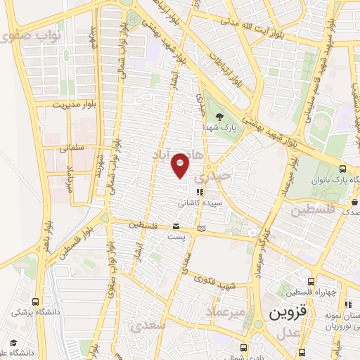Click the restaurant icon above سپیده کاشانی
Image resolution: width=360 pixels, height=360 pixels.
(x=200, y=191)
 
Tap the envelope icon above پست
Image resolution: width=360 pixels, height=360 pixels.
(x=176, y=226)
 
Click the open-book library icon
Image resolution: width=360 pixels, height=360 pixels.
(x=202, y=229)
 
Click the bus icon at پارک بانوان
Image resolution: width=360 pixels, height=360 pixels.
(x=342, y=169)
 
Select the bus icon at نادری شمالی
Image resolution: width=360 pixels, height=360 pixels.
(x=243, y=347)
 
